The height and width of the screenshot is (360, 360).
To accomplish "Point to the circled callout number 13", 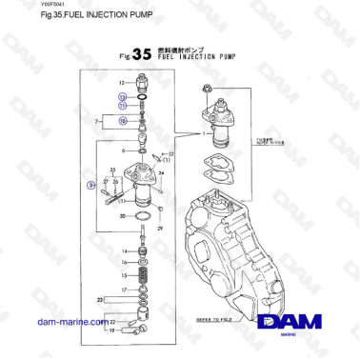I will pyautogui.click(x=121, y=97).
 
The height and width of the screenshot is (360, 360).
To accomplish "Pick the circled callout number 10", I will pyautogui.click(x=121, y=121).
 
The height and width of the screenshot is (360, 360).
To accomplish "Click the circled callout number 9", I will pyautogui.click(x=90, y=184).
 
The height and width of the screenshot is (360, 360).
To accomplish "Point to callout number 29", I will pyautogui.click(x=160, y=230).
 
